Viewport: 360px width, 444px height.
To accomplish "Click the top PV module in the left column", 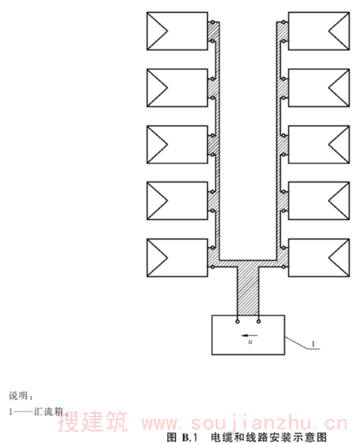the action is (177, 31).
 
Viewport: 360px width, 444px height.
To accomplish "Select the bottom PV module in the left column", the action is (177, 258).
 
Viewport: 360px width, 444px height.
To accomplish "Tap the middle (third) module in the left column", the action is (177, 144).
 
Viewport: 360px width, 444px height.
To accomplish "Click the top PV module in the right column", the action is (319, 31).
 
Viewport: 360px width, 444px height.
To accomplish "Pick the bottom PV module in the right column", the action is (319, 258).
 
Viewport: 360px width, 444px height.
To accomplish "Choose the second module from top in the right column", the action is (319, 88).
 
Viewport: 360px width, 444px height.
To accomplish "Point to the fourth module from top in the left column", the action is (177, 201).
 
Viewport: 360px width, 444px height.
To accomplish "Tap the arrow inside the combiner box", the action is (249, 336).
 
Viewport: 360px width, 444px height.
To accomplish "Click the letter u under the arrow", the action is (251, 342).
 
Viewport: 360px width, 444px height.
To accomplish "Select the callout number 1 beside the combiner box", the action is (313, 344).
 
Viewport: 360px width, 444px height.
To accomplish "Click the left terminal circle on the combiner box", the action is (237, 321).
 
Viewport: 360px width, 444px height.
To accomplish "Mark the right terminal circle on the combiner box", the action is (259, 321).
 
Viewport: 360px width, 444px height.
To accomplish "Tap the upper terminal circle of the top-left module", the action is (212, 22).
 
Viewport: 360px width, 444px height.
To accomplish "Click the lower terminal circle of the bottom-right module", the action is (283, 266).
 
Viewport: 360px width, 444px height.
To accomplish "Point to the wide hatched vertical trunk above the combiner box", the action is (248, 291).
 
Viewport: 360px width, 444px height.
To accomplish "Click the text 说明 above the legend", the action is (18, 396).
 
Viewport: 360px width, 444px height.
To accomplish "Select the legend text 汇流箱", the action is (49, 411).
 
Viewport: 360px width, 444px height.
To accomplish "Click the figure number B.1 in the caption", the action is (189, 437).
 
